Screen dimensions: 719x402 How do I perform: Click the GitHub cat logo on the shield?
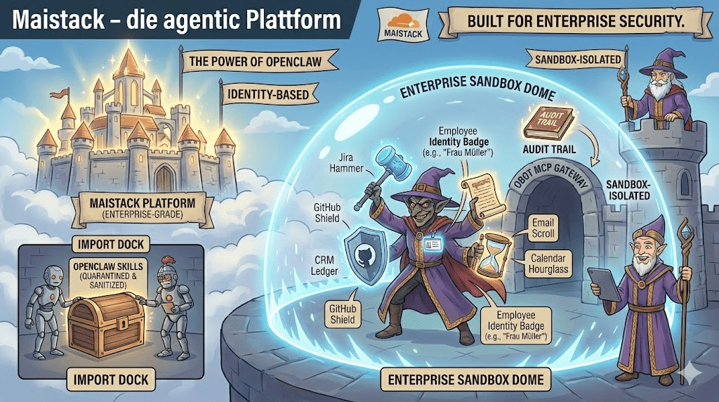point(367,254)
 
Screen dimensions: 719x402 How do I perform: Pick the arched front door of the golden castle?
point(164,177)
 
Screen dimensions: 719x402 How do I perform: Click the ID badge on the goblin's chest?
point(435,243)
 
